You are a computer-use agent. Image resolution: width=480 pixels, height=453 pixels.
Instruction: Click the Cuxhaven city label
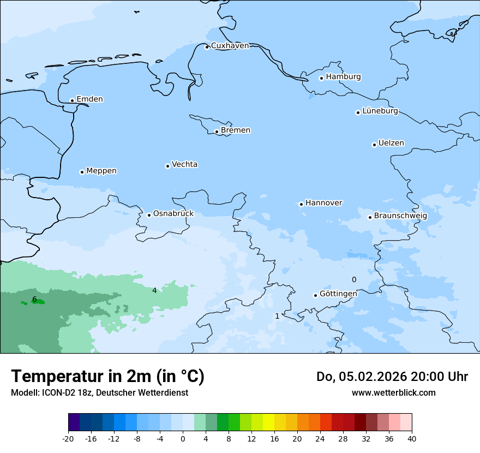230,46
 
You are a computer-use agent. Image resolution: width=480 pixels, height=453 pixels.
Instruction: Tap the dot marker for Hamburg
322,78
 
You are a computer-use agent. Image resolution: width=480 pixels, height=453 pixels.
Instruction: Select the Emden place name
89,99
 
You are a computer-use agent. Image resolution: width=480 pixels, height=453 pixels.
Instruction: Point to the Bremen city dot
217,132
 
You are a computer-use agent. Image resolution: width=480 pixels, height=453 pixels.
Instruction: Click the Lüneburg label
380,111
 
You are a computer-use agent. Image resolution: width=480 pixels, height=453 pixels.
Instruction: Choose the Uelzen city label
391,144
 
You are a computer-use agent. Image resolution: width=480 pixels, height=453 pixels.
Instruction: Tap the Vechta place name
184,164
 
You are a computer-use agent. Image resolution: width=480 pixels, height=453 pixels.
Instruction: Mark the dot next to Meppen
82,172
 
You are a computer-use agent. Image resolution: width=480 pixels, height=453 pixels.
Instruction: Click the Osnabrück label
173,214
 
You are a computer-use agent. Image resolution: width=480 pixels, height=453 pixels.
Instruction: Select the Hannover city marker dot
301,204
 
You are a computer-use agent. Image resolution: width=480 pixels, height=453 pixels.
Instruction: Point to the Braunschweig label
400,216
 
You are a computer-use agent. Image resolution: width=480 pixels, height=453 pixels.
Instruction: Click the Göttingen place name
338,294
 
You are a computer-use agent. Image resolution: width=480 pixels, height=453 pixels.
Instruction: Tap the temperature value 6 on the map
34,299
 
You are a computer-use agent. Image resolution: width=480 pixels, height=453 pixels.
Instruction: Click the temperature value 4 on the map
154,290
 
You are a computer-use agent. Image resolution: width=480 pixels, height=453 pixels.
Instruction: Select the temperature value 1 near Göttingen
277,316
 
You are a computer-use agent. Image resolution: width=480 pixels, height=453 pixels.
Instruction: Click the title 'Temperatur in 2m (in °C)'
107,377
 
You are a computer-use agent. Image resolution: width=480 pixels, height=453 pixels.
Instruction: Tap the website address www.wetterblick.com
393,393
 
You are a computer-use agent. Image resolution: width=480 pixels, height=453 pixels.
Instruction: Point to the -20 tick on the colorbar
68,439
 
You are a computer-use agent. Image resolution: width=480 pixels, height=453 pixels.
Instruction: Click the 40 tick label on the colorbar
411,439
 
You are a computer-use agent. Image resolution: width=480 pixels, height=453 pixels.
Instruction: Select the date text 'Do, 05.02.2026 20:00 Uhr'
392,377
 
